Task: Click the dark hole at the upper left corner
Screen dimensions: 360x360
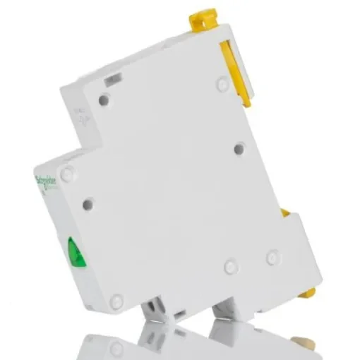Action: (104, 100)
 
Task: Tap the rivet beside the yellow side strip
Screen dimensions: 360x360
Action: (223, 85)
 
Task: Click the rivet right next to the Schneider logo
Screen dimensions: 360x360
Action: (67, 173)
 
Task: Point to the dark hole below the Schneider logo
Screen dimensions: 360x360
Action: (88, 205)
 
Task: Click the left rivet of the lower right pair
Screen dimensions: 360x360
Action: (231, 267)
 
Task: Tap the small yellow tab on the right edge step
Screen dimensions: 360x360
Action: (284, 212)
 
